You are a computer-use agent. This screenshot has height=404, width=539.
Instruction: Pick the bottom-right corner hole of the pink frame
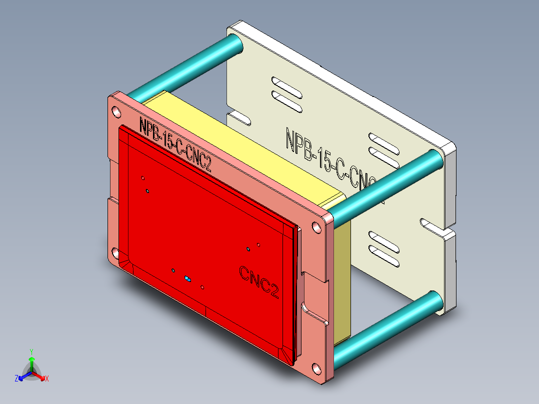click(316, 370)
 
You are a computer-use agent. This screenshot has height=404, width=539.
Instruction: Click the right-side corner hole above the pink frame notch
click(317, 227)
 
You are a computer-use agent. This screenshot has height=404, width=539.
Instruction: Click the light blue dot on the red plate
click(188, 278)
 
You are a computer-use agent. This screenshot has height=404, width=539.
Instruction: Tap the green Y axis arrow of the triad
click(31, 361)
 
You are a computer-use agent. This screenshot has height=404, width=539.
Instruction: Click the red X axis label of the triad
click(47, 378)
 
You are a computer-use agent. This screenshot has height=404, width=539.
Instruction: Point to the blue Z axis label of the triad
click(16, 378)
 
